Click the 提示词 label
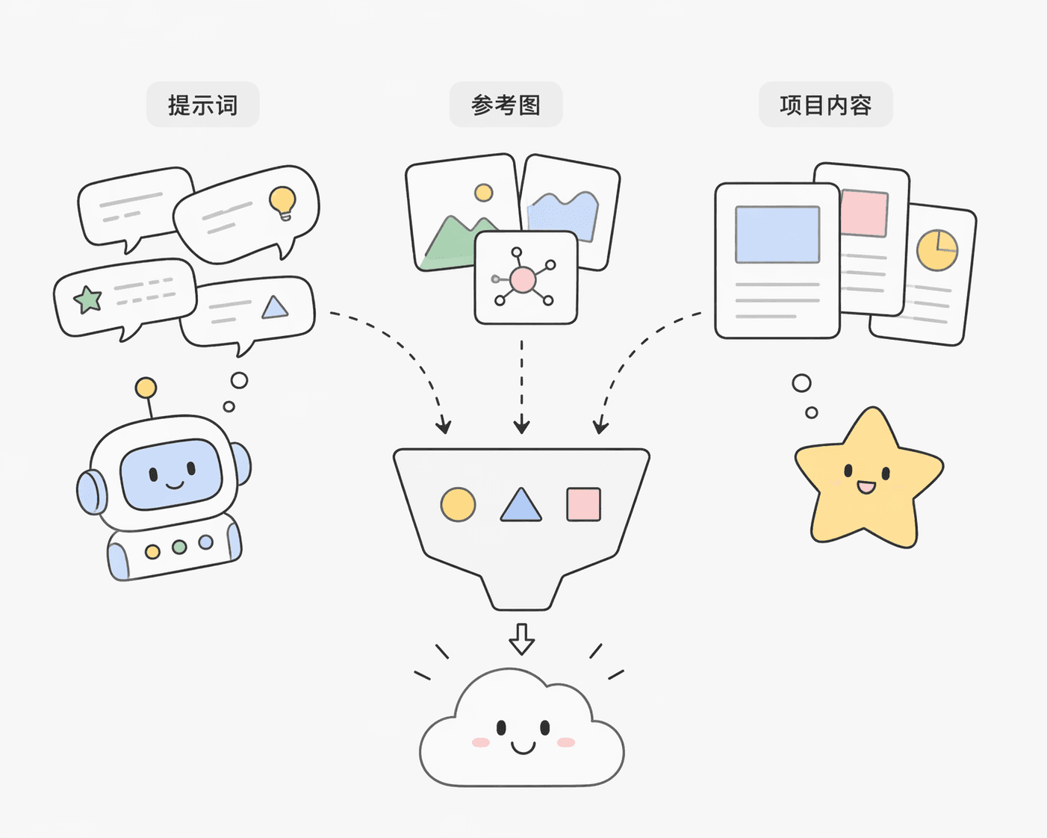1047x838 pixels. point(203,105)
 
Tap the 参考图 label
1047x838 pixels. point(506,105)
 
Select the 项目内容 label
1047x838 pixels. point(826,105)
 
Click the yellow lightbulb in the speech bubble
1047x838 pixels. point(283,203)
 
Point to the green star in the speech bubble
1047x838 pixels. point(87,299)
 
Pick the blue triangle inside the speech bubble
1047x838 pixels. point(275,308)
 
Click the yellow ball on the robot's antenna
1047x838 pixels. point(146,388)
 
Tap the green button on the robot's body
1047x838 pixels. point(179,547)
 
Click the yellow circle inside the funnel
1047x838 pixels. point(458,505)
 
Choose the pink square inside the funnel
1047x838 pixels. point(584,505)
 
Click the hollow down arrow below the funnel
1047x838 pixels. point(521,639)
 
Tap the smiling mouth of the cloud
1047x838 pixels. point(523,748)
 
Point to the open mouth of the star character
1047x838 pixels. point(866,487)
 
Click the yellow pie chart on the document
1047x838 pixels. point(937,250)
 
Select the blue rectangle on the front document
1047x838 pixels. point(777,235)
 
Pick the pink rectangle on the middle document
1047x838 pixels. point(865,214)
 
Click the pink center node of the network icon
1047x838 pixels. point(523,280)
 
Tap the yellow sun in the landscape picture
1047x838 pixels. point(484,193)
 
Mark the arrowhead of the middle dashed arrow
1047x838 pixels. point(521,425)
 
